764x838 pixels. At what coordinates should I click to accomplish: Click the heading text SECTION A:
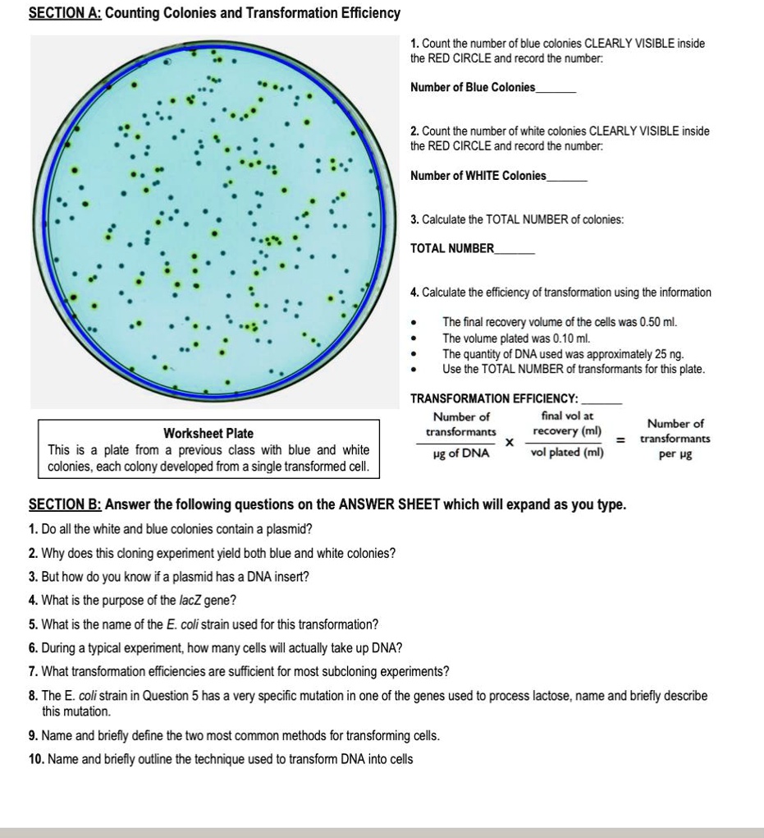[x=65, y=13]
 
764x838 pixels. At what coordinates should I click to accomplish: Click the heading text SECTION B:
[x=65, y=504]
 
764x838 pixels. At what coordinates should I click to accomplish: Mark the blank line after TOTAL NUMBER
[x=515, y=249]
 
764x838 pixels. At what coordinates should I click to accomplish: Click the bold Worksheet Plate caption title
[x=208, y=433]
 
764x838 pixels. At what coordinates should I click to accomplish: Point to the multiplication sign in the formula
[x=509, y=442]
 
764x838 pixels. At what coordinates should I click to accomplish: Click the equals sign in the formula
[x=621, y=440]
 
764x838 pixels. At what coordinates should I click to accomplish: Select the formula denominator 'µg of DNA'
[x=460, y=453]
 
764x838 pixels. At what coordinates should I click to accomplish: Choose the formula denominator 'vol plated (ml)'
[x=567, y=452]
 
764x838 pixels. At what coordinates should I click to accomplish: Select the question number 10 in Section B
[x=35, y=759]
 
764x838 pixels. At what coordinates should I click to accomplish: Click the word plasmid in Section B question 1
[x=291, y=528]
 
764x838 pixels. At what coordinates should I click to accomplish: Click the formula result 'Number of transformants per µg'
[x=675, y=439]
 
